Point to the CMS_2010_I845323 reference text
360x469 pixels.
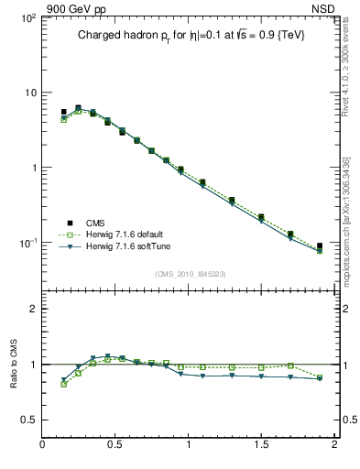[x=190, y=273]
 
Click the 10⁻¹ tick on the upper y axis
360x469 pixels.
[x=25, y=243]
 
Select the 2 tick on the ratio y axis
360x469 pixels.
[x=32, y=310]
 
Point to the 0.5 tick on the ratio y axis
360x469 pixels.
[x=27, y=420]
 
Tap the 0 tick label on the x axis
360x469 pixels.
[x=43, y=445]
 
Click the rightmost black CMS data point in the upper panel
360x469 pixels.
[x=320, y=245]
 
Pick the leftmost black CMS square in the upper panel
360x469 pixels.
[x=64, y=112]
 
